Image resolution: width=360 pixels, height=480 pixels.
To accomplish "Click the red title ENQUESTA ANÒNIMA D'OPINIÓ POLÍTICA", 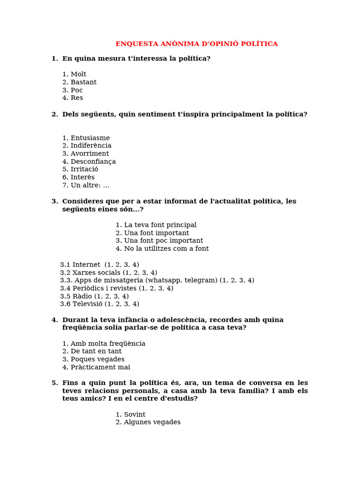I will tap(196, 44).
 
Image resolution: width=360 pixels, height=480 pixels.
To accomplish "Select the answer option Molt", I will tap(78, 75).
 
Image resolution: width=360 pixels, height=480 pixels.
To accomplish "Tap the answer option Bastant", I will tap(83, 82).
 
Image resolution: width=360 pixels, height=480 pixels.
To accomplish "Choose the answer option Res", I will tap(76, 98).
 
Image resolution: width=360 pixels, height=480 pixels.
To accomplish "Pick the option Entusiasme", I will tap(90, 138).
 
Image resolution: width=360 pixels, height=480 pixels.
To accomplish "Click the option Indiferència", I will tap(90, 146).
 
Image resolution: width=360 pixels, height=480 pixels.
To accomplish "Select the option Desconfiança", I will tap(93, 162).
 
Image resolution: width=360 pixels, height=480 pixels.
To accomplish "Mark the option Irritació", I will tap(84, 169).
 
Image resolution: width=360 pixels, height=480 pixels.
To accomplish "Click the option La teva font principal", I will tap(160, 225).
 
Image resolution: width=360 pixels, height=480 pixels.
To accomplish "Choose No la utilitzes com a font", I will tap(166, 249).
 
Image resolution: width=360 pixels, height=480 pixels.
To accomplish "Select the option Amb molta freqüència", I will tap(107, 344).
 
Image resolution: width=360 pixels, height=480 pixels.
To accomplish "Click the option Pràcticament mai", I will tap(100, 367).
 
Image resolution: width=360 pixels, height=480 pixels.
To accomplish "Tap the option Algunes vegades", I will tap(152, 422).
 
